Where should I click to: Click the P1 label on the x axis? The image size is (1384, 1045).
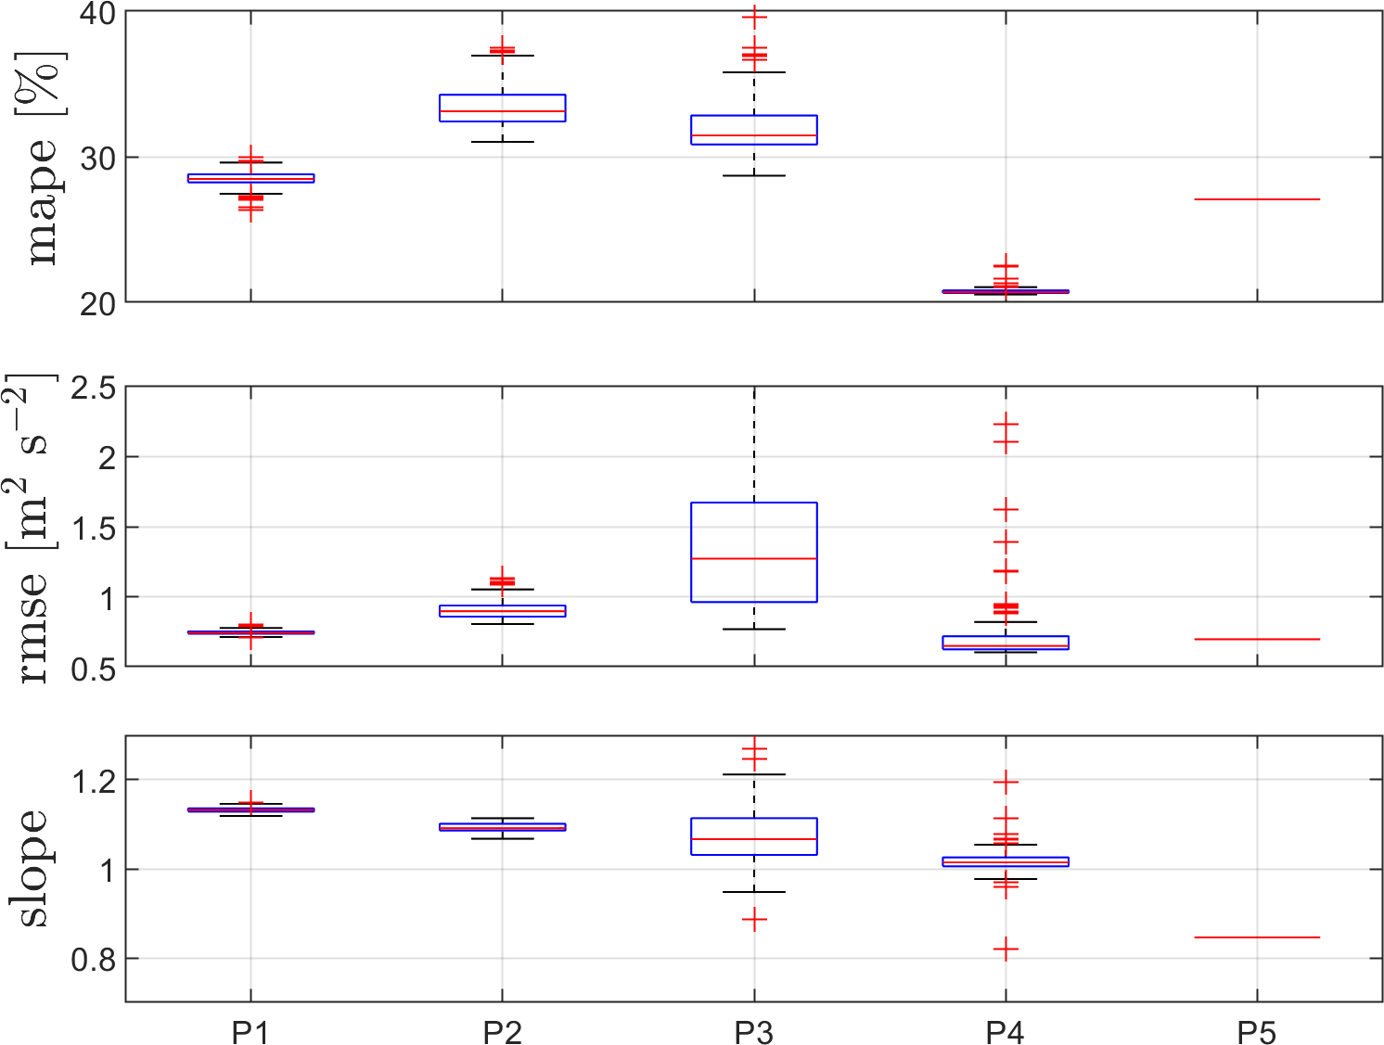tap(250, 1032)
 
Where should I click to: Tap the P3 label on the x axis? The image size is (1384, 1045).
tap(753, 1032)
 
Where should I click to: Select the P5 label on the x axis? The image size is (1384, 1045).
tap(1257, 1032)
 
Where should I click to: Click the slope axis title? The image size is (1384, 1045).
tap(32, 869)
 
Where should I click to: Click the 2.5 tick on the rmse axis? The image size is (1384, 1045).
tap(93, 388)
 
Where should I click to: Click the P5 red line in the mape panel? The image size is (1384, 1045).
tap(1257, 199)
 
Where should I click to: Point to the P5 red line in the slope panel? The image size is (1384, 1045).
tap(1257, 937)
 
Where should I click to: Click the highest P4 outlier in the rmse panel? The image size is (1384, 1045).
tap(1006, 425)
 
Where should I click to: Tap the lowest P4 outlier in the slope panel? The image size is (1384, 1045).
tap(1006, 949)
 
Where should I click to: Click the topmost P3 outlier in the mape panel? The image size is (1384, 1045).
tap(754, 17)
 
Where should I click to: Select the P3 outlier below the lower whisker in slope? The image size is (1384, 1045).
tap(754, 921)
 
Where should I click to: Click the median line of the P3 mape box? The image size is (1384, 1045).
tap(753, 135)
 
